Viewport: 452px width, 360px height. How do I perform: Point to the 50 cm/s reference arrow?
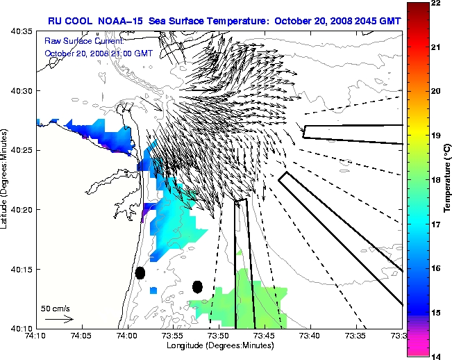[59, 319]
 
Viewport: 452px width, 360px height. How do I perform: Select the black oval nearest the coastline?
[140, 272]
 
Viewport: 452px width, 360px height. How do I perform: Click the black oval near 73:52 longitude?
[197, 286]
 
